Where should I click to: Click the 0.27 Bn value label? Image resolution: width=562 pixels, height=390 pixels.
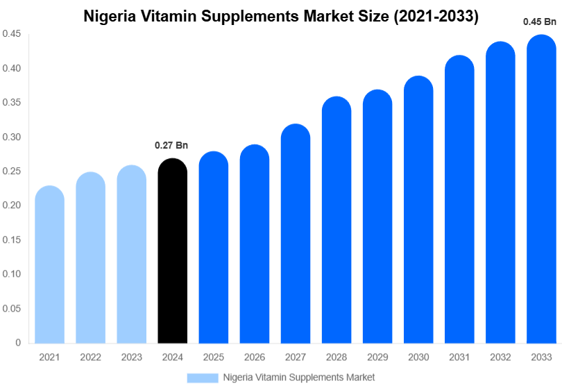[x=171, y=145]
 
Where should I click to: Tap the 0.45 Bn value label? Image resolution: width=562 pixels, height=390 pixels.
[x=540, y=22]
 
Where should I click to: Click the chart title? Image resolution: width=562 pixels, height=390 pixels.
[x=281, y=17]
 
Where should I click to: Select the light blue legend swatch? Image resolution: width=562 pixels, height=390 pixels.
[x=202, y=378]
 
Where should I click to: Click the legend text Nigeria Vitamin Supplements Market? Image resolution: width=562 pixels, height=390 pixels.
[x=298, y=378]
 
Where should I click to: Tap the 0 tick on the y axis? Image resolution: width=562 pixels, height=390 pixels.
[x=18, y=343]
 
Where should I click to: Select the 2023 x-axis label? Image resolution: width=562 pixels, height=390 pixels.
[x=131, y=357]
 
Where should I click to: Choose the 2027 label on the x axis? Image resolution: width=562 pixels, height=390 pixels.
[x=296, y=357]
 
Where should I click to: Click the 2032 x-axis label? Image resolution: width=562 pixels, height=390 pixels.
[x=500, y=357]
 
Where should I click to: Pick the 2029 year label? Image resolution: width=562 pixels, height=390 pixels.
[x=377, y=357]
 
